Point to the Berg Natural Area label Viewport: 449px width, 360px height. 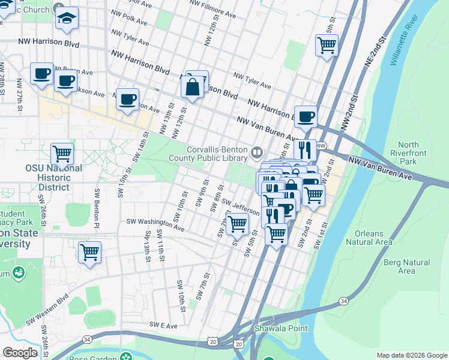406,266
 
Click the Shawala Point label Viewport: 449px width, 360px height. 281,328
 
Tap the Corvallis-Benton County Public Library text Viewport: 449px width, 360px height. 217,154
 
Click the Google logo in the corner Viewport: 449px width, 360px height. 20,353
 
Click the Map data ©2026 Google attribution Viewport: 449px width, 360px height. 411,355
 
